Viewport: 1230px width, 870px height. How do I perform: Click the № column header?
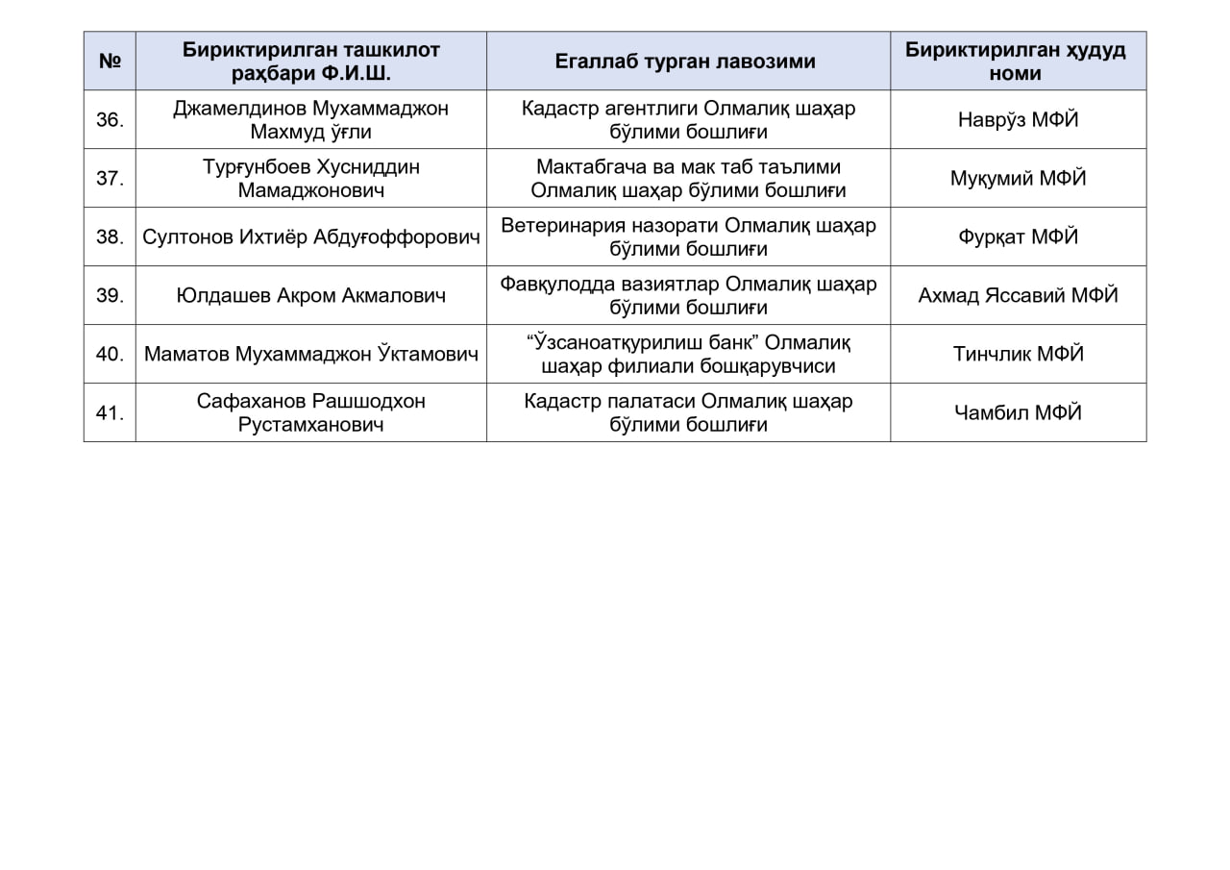coord(110,62)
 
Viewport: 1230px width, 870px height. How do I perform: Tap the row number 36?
coord(110,120)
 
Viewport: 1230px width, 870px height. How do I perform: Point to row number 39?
coord(110,295)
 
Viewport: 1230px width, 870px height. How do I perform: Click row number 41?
coord(110,412)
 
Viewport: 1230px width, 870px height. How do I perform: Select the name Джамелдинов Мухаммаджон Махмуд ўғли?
coord(310,120)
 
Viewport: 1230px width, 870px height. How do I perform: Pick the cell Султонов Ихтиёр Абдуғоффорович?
coord(310,236)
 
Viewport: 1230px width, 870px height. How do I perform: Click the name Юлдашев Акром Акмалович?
coord(310,295)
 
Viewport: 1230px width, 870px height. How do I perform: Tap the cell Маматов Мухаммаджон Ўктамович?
coord(310,354)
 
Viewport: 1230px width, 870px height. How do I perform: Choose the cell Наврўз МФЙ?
coord(1018,120)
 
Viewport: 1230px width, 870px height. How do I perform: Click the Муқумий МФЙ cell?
coord(1018,178)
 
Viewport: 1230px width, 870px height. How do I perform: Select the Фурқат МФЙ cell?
coord(1018,236)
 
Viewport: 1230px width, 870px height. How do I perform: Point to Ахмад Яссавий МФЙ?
coord(1018,295)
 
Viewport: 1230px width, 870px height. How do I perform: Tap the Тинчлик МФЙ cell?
coord(1018,354)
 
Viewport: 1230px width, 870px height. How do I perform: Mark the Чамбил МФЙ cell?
coord(1018,412)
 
